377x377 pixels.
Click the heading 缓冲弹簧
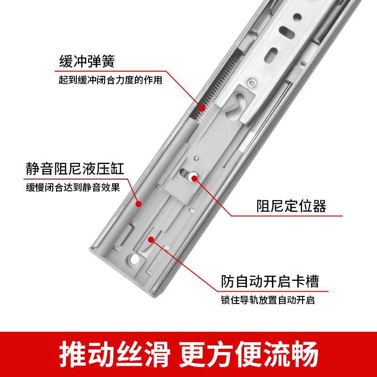87,62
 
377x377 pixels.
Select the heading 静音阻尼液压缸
78,169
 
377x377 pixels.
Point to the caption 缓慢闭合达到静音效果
73,187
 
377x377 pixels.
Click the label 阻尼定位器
291,206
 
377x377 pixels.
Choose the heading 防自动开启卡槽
270,281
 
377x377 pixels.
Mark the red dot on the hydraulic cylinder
139,204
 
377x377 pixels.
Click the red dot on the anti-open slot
151,239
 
